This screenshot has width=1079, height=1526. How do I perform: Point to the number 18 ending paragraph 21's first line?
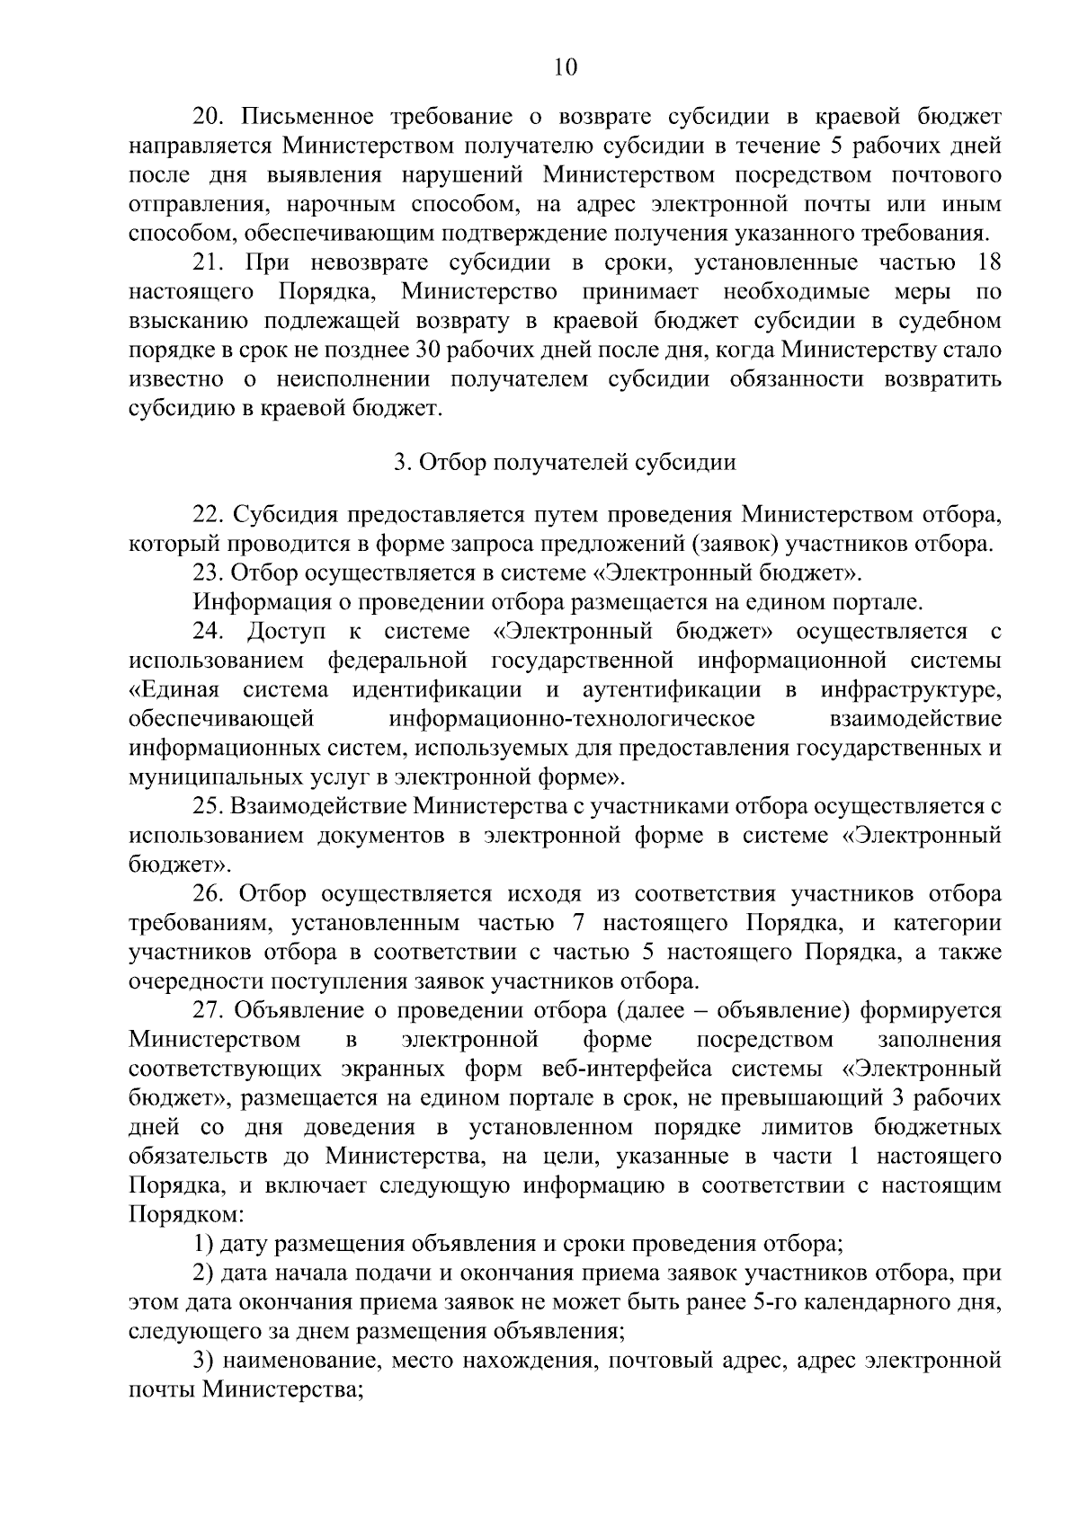[x=987, y=263]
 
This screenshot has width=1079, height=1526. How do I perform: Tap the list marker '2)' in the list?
[x=204, y=1273]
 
